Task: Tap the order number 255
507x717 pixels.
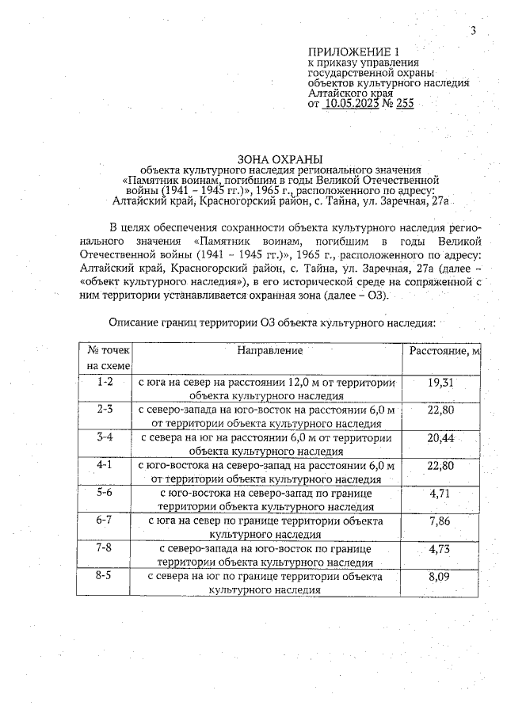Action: point(405,103)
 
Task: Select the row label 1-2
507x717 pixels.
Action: point(105,382)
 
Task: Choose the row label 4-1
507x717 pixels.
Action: point(105,465)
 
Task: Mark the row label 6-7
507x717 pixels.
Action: point(105,521)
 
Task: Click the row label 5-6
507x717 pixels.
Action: point(105,493)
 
